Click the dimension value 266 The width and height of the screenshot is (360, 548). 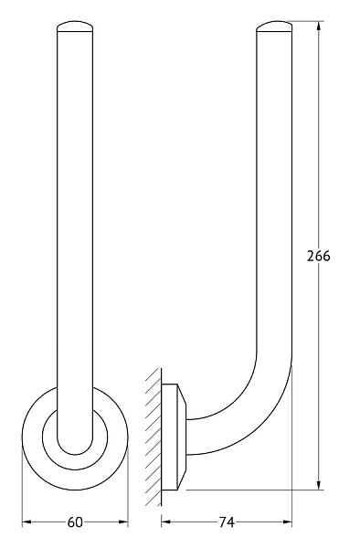point(317,256)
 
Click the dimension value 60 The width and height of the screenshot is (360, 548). point(75,522)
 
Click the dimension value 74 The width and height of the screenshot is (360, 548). point(227,522)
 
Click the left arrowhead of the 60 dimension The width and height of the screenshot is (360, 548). point(26,522)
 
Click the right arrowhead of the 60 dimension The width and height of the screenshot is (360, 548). point(123,522)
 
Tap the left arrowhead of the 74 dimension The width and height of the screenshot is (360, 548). point(166,522)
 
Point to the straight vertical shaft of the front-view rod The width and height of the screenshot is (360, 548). point(75,228)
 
